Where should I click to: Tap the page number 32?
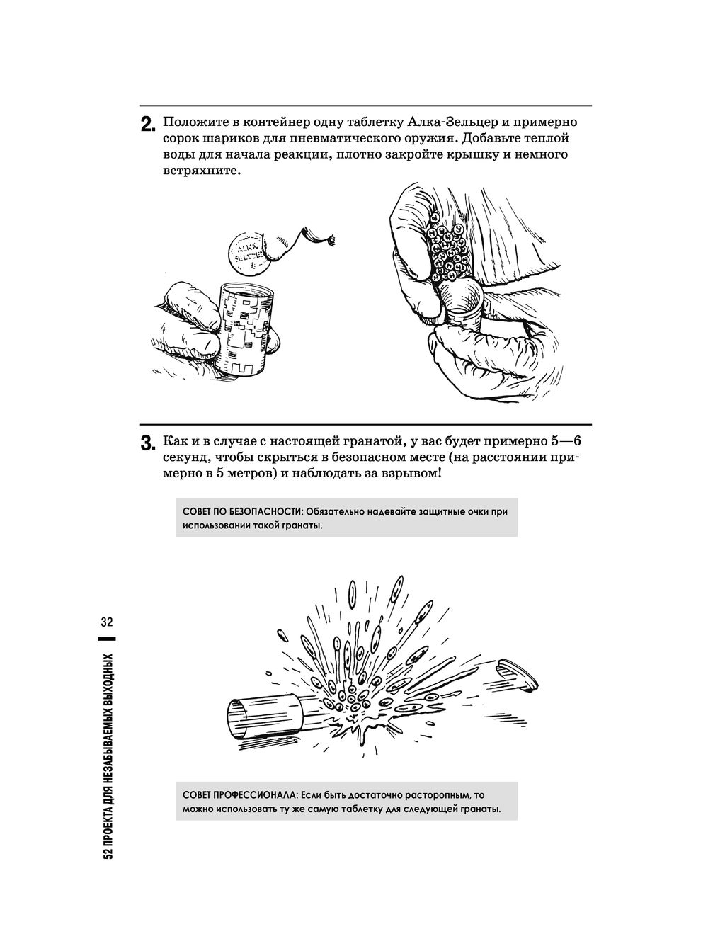pyautogui.click(x=107, y=622)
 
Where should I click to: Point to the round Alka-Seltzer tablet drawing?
pyautogui.click(x=248, y=253)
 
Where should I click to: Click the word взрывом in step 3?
pyautogui.click(x=411, y=474)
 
